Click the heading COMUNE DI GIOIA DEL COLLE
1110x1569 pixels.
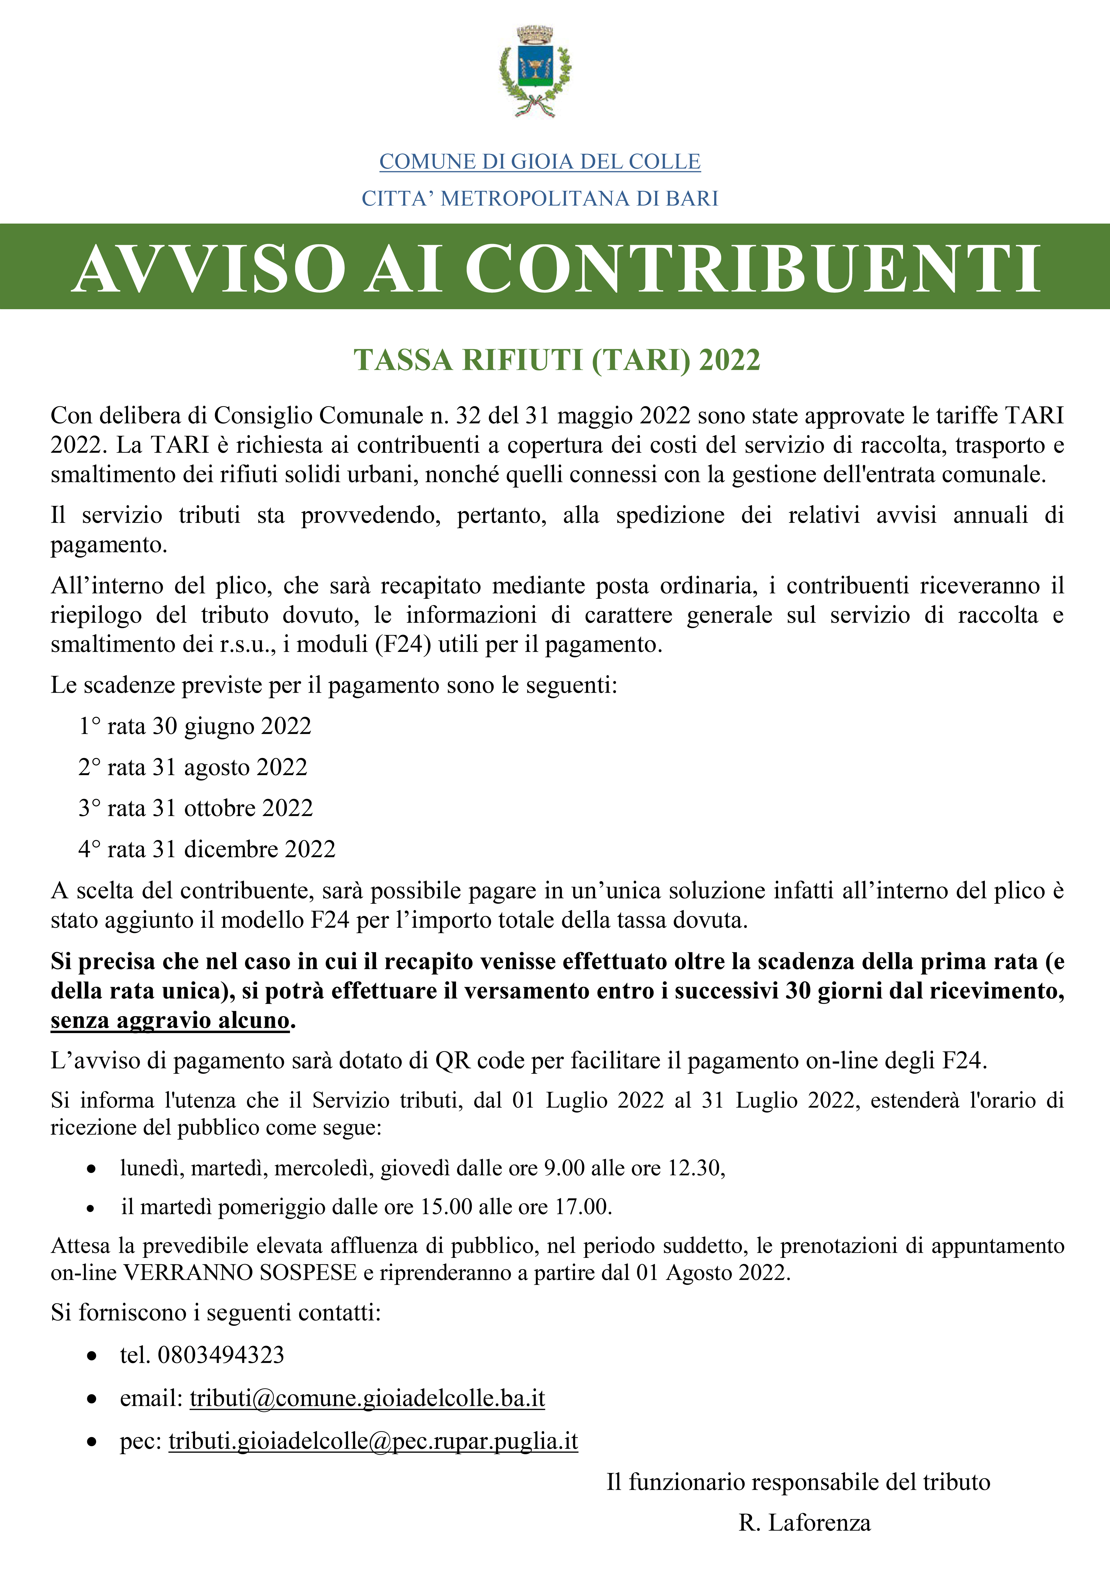click(x=540, y=162)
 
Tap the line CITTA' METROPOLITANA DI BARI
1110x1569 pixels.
click(x=540, y=199)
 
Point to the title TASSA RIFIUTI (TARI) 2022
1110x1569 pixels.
click(x=556, y=360)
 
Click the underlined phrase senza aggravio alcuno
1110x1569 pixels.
click(x=170, y=1020)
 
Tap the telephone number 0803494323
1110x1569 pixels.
click(x=221, y=1355)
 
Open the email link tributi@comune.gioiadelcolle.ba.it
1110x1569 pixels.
click(x=367, y=1398)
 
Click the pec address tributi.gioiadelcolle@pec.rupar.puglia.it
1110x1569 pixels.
click(x=373, y=1441)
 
